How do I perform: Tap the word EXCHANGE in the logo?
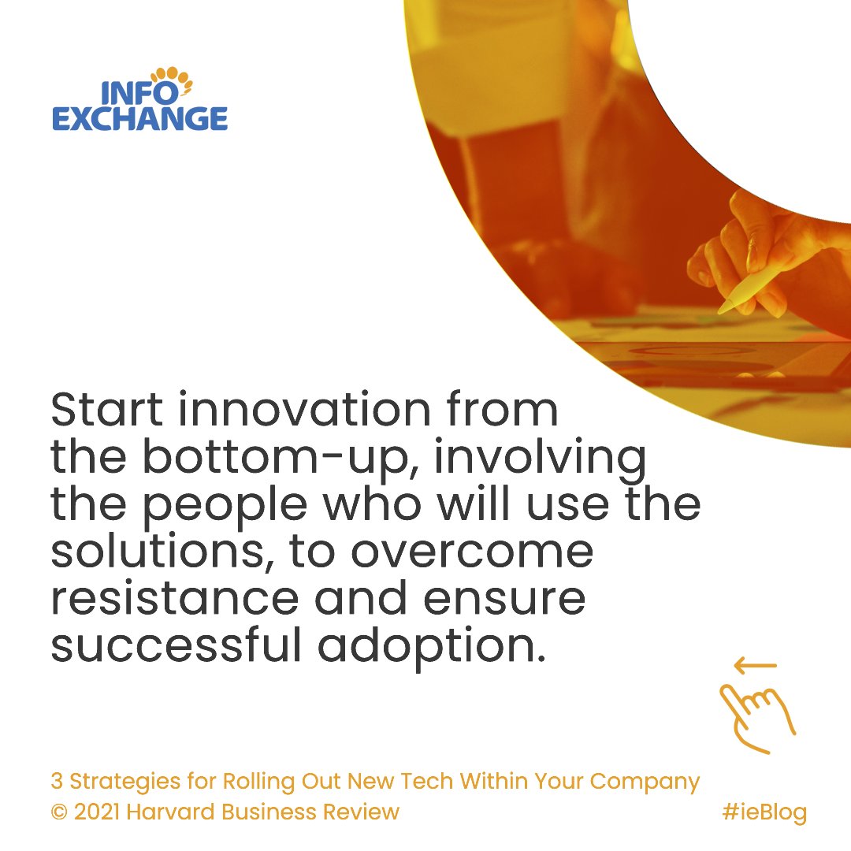[139, 119]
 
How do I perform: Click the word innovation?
[307, 410]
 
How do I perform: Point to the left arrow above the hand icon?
[755, 666]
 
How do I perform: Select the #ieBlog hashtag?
[764, 812]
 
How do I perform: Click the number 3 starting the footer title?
[57, 782]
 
